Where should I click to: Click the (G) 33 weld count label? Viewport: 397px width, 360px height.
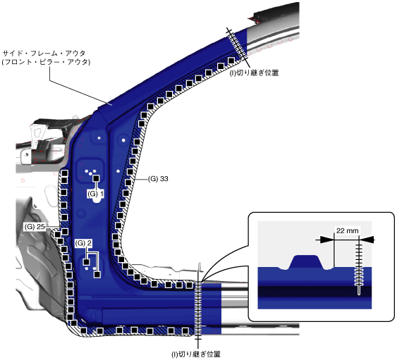[158, 179]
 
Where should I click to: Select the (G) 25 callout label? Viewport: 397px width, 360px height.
[35, 227]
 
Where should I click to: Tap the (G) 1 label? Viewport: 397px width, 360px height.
[95, 194]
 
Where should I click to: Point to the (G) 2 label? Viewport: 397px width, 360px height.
[83, 243]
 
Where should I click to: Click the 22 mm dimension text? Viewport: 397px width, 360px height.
[347, 230]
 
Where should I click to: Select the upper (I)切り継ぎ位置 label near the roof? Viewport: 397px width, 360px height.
[254, 73]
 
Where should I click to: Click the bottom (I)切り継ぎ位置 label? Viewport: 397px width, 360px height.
[196, 354]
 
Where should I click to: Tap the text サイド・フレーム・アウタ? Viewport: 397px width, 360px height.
[44, 54]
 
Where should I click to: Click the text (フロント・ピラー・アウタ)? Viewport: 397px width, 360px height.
[46, 62]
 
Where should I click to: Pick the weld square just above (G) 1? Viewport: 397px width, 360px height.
[96, 178]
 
